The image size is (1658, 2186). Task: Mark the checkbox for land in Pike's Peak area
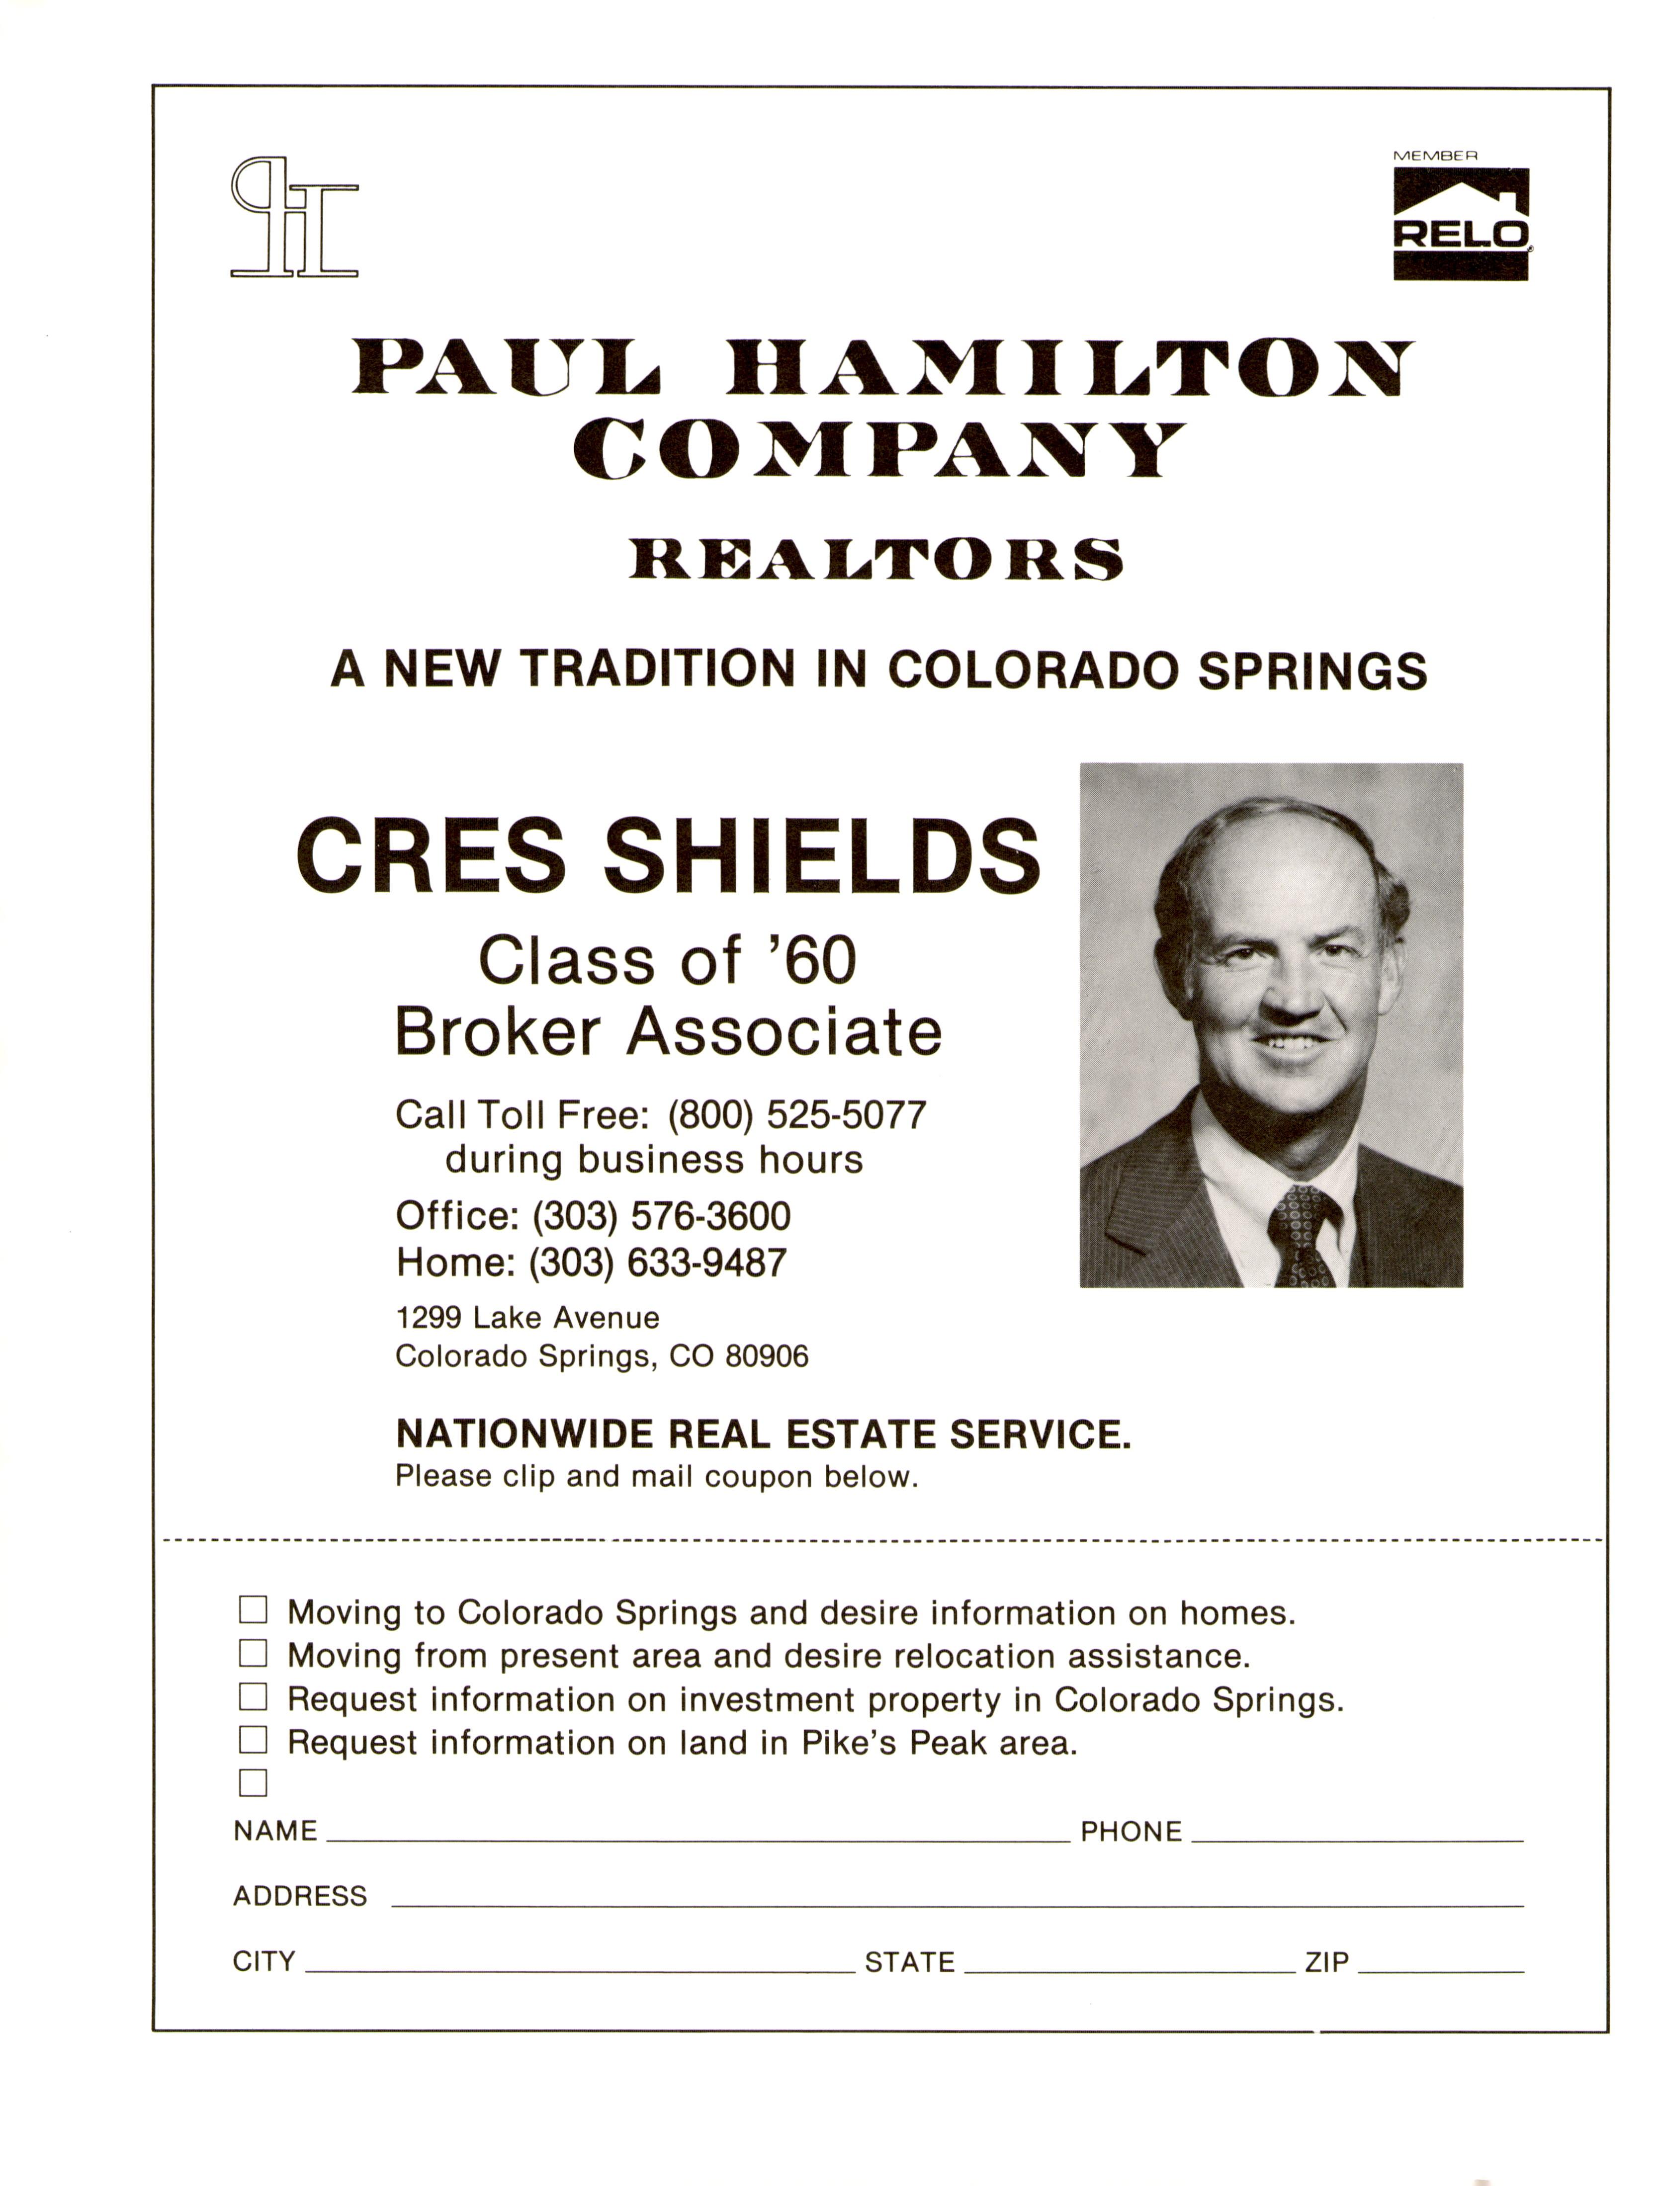coord(253,1739)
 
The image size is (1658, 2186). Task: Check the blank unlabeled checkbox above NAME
coord(253,1783)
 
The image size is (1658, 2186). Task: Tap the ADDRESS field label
coord(300,1896)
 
